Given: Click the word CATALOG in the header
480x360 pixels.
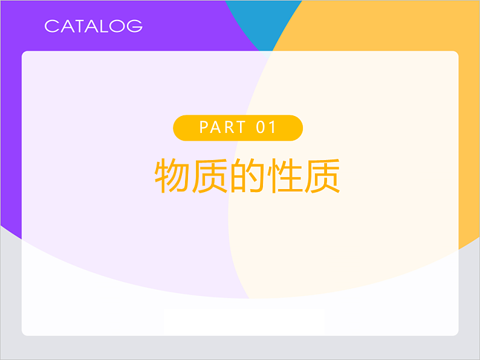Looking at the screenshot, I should click(x=94, y=26).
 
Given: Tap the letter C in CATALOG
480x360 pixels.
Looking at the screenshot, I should click(x=51, y=26).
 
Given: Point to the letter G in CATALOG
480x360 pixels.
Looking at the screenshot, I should click(x=136, y=26).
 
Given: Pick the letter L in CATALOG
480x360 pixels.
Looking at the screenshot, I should click(x=105, y=26).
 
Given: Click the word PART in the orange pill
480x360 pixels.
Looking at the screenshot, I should click(x=223, y=127).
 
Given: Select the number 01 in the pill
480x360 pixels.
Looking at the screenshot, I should click(x=267, y=127).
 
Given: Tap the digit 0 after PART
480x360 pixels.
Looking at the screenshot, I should click(x=262, y=127).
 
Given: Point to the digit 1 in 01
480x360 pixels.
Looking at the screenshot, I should click(x=273, y=127).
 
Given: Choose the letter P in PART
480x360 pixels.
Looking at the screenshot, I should click(x=204, y=127).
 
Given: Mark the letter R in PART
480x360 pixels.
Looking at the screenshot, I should click(x=230, y=127).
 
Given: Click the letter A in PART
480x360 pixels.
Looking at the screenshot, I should click(x=216, y=127).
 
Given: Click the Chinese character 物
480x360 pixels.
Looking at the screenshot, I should click(x=172, y=176).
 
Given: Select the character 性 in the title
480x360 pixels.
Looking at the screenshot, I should click(x=284, y=176).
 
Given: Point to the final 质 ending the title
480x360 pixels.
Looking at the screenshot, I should click(x=322, y=176).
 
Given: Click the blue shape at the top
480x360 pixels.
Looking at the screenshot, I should click(x=265, y=21).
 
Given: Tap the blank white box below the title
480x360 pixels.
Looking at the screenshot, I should click(x=244, y=321).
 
